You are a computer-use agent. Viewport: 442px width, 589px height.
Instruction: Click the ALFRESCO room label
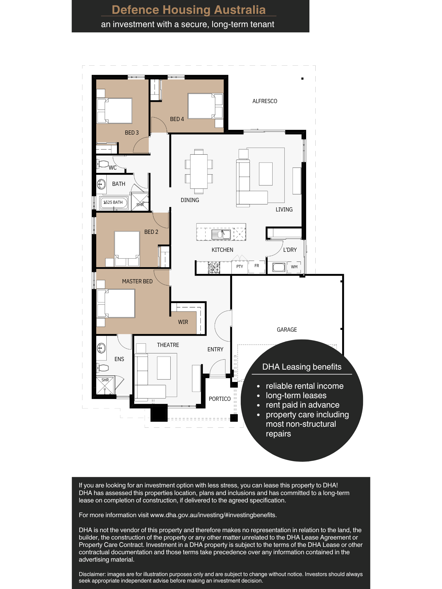coord(265,101)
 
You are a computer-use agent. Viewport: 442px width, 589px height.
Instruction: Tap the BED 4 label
coord(177,119)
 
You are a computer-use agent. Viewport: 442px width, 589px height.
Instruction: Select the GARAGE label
coord(287,330)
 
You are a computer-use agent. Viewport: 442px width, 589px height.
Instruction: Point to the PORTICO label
coord(220,399)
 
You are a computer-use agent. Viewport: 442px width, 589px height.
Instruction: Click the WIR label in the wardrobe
coord(183,322)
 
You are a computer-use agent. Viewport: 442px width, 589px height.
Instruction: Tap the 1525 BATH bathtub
coord(114,203)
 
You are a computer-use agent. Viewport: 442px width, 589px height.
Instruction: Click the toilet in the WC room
coord(103,164)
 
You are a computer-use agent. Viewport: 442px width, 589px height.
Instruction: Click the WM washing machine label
coord(294,267)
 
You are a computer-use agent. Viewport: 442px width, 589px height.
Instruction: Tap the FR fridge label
coord(257,266)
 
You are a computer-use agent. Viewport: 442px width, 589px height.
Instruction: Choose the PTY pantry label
coord(240,267)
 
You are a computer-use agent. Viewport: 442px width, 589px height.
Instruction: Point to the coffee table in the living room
coord(266,174)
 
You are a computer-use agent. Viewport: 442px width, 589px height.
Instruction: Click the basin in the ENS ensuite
coord(101,348)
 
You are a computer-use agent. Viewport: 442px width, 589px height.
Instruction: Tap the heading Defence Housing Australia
coord(189,10)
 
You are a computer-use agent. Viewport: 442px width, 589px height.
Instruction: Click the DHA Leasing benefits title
coord(302,367)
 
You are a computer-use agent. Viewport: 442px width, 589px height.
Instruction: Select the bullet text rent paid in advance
coord(303,405)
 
